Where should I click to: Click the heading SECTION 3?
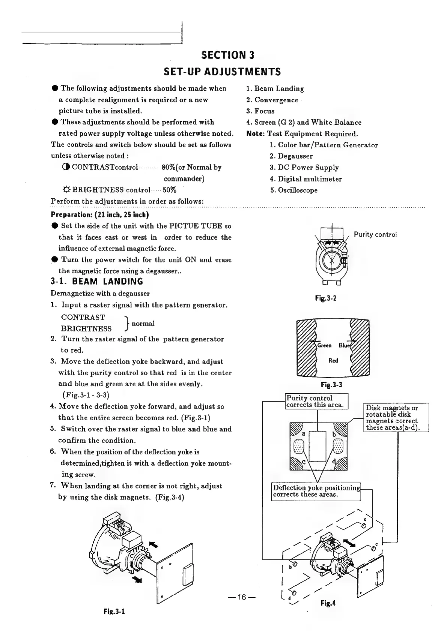click(228, 55)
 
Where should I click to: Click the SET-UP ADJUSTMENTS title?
click(221, 71)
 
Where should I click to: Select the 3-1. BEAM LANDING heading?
click(97, 282)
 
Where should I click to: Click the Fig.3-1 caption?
click(114, 621)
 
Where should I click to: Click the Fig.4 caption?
click(328, 603)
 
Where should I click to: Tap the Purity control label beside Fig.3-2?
click(375, 234)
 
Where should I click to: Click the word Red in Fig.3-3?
click(333, 361)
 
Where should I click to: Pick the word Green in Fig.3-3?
click(324, 345)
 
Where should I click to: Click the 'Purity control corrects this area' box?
click(317, 402)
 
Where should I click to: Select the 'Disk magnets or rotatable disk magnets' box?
click(396, 418)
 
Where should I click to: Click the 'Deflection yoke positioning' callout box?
click(316, 491)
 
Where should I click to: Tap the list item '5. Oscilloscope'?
click(294, 190)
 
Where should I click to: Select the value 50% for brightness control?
click(169, 190)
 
